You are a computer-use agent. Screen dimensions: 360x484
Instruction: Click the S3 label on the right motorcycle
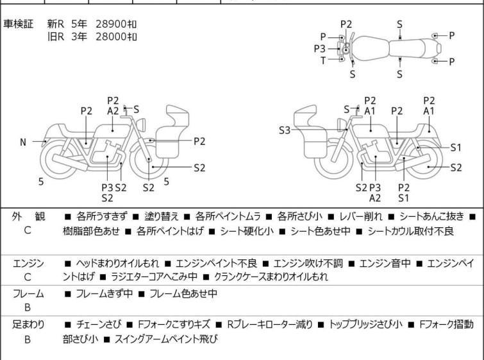[285, 131]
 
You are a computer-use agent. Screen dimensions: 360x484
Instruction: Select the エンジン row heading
[28, 262]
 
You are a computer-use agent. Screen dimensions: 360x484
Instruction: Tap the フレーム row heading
[28, 293]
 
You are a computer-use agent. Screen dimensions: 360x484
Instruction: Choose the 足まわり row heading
[28, 325]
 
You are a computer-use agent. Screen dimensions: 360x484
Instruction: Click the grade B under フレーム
[28, 307]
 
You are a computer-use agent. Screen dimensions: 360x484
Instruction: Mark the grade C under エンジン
[28, 277]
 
